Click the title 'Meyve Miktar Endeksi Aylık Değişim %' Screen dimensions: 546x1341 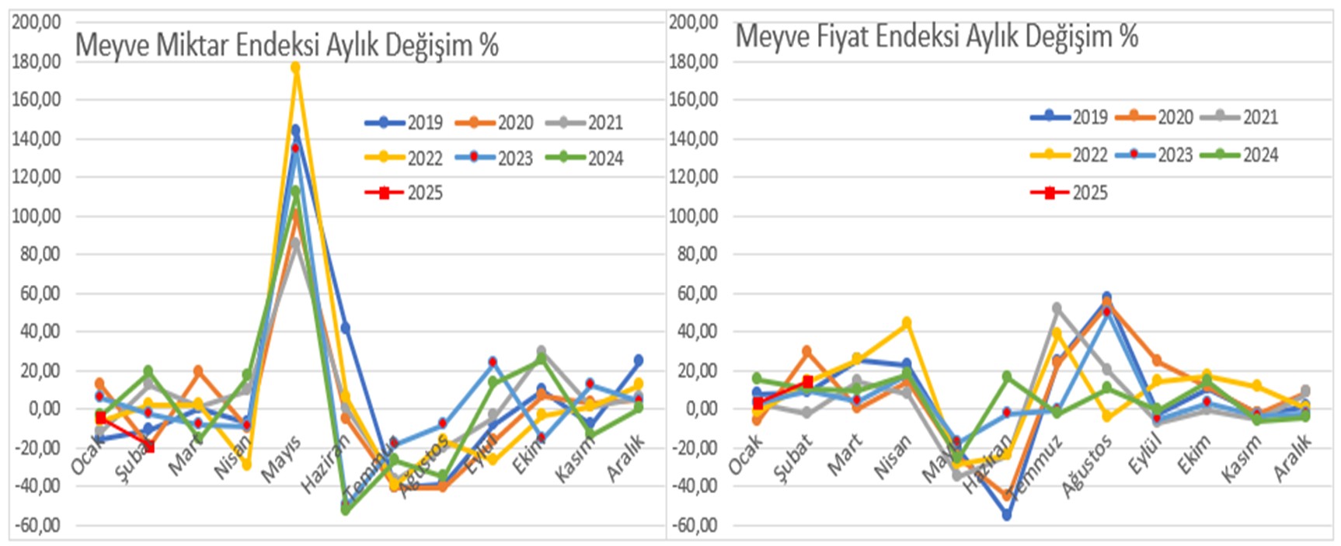[287, 45]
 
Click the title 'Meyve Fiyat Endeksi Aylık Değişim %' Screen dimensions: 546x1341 [936, 36]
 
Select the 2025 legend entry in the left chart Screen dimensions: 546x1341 [405, 193]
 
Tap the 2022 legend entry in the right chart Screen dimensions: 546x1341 [1069, 155]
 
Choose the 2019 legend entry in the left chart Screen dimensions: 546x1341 [405, 123]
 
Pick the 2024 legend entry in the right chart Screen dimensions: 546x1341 [1239, 155]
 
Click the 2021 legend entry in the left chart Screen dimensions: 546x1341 [585, 123]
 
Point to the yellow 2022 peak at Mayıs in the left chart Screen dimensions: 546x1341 [295, 68]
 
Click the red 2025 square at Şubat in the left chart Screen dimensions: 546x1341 [149, 447]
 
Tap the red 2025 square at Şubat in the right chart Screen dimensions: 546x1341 [808, 381]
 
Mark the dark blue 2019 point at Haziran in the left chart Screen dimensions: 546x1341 [345, 329]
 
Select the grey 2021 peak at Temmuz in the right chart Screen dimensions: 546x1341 [1057, 308]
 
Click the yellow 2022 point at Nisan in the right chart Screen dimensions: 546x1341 [906, 322]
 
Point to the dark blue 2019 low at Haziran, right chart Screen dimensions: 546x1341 [1007, 515]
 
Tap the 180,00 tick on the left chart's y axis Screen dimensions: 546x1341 [37, 61]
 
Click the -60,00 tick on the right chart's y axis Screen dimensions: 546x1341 [694, 525]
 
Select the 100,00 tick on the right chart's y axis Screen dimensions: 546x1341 [694, 216]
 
